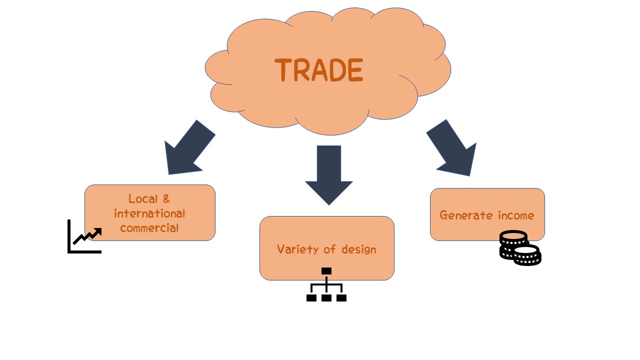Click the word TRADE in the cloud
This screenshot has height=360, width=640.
tap(319, 70)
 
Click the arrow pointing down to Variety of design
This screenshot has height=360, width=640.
tap(328, 175)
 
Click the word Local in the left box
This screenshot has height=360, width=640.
tap(143, 199)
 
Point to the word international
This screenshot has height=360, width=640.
tap(149, 213)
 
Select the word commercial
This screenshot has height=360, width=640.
tap(149, 228)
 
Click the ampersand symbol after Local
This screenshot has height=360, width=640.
tap(166, 199)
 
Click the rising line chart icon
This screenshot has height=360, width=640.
tap(85, 237)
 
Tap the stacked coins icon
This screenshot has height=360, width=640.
tap(520, 248)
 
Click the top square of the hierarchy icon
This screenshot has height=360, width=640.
tap(326, 271)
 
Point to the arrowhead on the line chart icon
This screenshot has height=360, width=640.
tap(98, 231)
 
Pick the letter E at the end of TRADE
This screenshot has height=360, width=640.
tap(354, 70)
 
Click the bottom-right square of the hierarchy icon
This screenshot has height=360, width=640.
tap(341, 298)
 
